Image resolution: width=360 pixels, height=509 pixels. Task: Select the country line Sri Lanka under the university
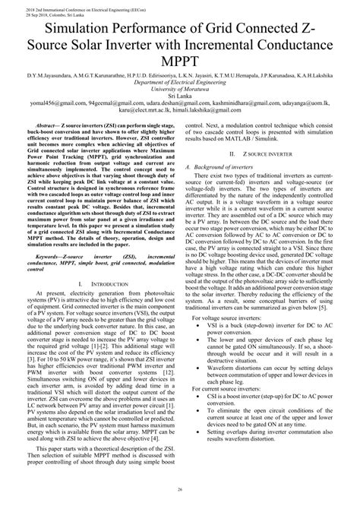point(179,96)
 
